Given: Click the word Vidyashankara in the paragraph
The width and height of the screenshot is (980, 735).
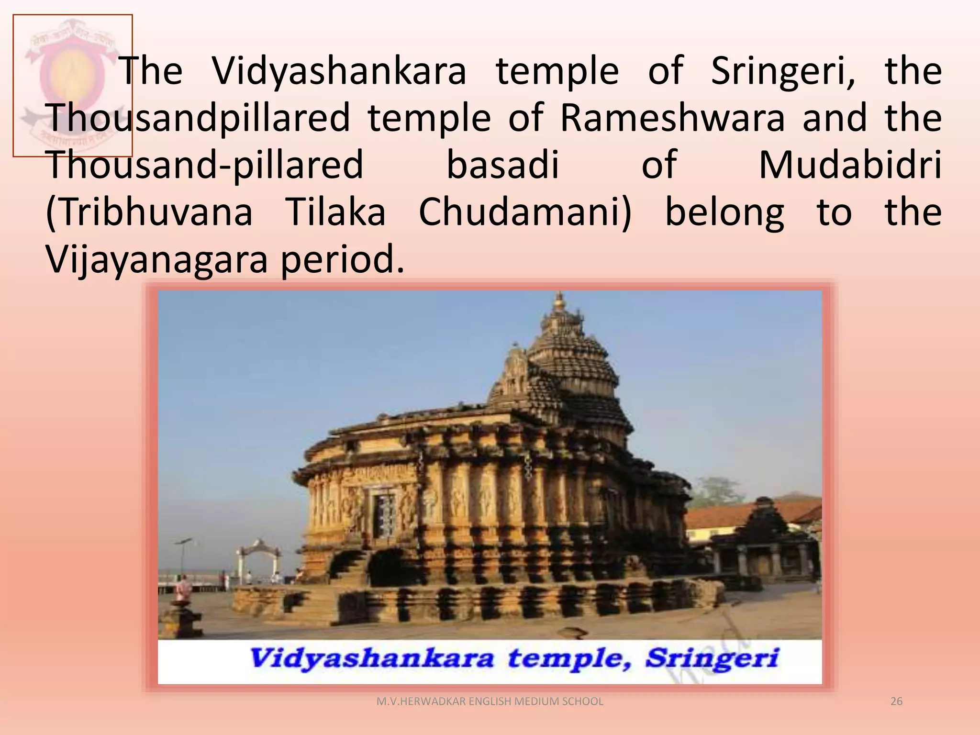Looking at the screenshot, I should [339, 72].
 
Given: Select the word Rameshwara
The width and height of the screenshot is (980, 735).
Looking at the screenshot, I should [672, 118].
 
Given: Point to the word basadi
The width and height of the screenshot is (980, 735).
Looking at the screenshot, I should [502, 165].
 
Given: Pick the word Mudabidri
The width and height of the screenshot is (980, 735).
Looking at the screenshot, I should [850, 165].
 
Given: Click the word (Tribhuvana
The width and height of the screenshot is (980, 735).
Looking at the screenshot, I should [149, 212].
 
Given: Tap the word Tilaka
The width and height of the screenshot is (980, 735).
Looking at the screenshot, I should [335, 212].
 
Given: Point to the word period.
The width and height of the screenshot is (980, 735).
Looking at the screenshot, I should [342, 259].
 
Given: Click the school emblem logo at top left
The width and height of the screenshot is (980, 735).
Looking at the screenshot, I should [73, 85].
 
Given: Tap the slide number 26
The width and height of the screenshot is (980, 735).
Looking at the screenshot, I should [896, 702].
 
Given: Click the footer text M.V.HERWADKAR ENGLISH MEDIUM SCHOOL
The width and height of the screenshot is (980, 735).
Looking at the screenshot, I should [490, 702].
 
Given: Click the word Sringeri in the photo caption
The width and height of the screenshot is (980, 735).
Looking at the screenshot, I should [712, 658].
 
